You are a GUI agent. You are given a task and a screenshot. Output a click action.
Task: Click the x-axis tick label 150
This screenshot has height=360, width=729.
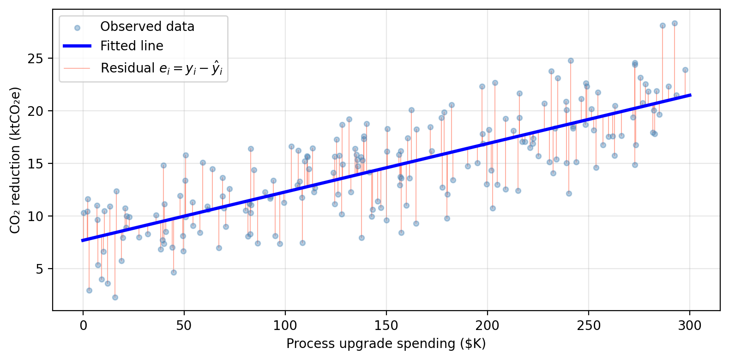click(x=386, y=326)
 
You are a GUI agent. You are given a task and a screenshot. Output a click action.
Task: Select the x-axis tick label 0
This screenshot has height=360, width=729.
click(x=83, y=326)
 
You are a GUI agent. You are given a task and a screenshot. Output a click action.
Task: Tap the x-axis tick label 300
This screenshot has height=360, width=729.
click(x=690, y=326)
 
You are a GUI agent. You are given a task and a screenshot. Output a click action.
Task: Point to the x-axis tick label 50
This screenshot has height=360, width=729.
click(x=184, y=326)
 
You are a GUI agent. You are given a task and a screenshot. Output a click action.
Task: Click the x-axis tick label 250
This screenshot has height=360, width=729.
click(x=589, y=326)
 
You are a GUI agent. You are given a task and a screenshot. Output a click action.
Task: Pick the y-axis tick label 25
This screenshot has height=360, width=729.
click(x=37, y=59)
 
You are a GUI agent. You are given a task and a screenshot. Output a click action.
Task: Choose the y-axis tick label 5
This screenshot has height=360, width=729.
click(x=41, y=269)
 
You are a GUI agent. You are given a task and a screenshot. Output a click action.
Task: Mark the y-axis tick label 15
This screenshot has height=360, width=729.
click(x=37, y=164)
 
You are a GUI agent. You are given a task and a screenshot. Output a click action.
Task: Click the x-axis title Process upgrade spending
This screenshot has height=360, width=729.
click(x=386, y=344)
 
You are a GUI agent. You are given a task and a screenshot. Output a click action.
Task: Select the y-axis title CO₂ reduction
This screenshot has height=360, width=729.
click(x=15, y=160)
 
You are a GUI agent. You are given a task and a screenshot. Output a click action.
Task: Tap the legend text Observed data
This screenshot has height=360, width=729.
click(x=147, y=27)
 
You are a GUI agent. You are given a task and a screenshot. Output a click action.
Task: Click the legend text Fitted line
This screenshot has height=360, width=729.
click(x=132, y=46)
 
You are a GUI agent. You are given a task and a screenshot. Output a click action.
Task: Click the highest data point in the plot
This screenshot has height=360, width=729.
click(x=675, y=23)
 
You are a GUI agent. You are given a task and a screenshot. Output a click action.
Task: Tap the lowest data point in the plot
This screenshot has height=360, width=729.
click(x=115, y=297)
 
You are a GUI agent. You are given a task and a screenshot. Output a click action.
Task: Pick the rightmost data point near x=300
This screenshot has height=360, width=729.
click(x=685, y=70)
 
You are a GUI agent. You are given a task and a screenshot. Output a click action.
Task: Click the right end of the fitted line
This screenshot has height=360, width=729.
click(x=690, y=95)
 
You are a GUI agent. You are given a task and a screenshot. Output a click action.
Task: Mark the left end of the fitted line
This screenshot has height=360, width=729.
click(x=83, y=240)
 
